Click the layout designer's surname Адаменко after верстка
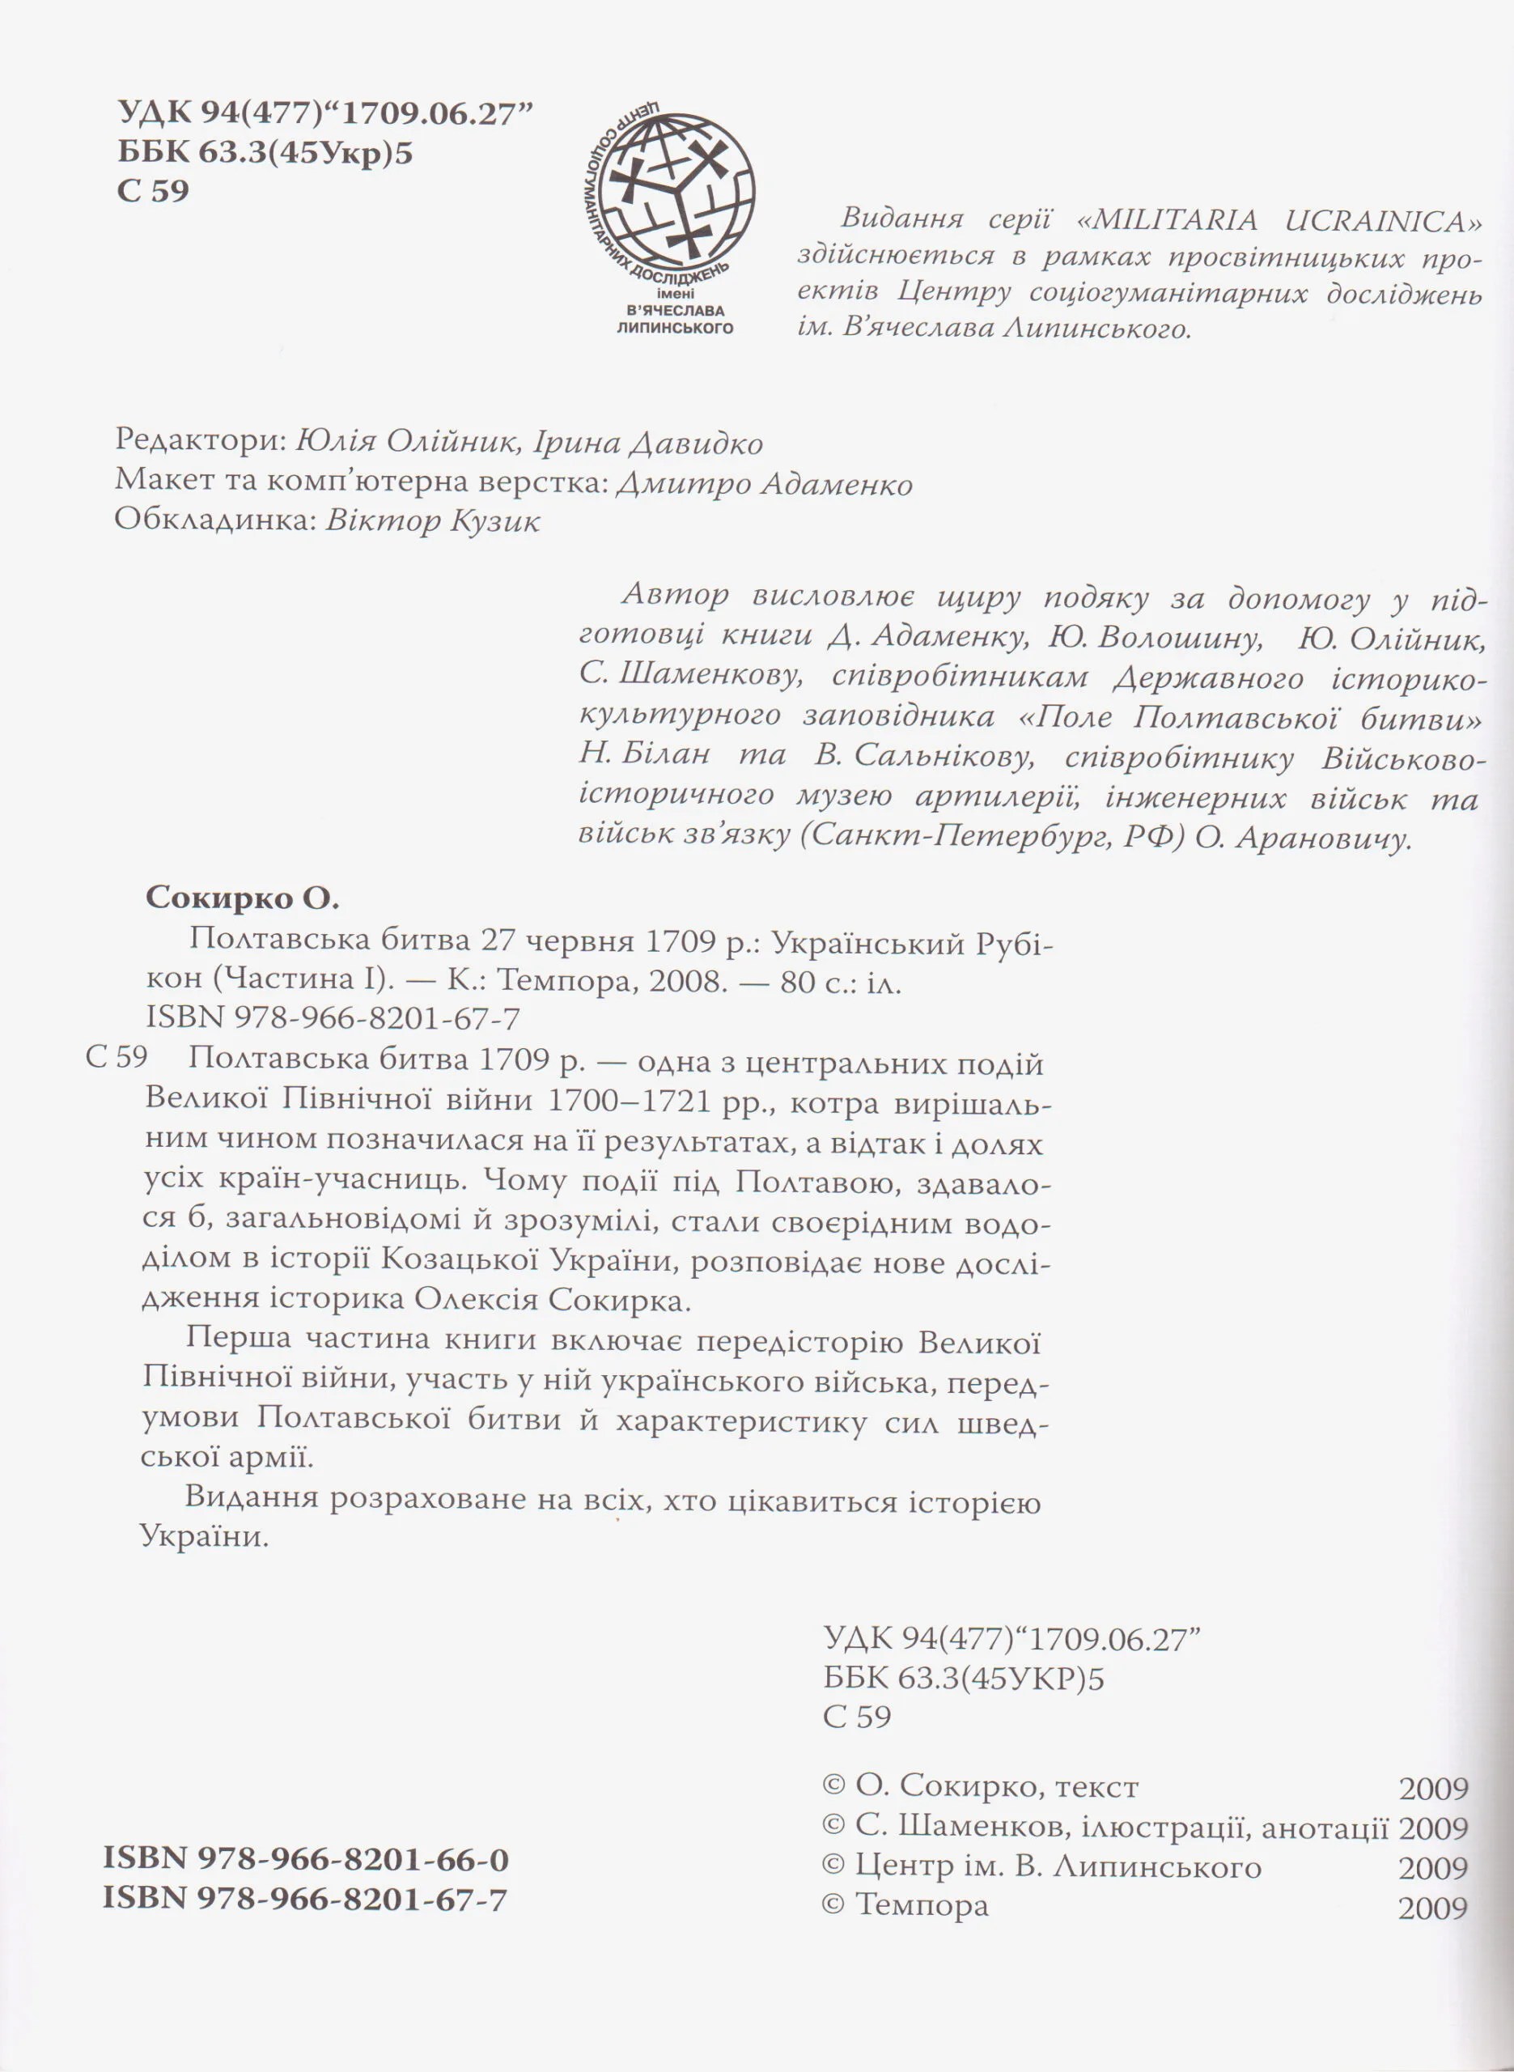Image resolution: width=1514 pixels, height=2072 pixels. coord(837,483)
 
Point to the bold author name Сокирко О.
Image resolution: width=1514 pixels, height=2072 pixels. coord(242,899)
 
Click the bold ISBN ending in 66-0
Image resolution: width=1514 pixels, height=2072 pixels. coord(306,1859)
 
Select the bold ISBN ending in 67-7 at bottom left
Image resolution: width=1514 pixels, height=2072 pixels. coord(306,1899)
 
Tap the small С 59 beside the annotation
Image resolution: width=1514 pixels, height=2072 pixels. coord(117,1058)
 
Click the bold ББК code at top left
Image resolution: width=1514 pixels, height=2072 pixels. coord(265,152)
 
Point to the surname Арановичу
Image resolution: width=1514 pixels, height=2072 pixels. coord(1321,839)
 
